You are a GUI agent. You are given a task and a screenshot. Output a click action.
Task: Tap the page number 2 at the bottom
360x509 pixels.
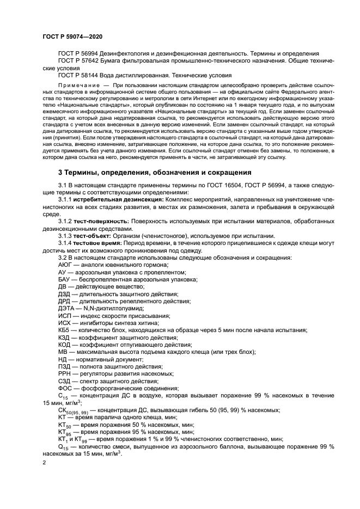pyautogui.click(x=45, y=463)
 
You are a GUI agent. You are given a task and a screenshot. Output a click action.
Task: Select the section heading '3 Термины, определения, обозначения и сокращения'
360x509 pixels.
pyautogui.click(x=155, y=173)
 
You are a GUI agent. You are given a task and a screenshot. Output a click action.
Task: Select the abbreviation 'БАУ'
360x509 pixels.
pyautogui.click(x=65, y=278)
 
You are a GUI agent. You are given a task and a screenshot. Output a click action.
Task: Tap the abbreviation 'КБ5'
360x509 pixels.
pyautogui.click(x=64, y=330)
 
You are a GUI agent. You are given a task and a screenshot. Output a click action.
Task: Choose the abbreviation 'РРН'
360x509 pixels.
pyautogui.click(x=65, y=373)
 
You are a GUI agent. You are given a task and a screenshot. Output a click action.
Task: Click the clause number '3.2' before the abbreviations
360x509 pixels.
pyautogui.click(x=63, y=256)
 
